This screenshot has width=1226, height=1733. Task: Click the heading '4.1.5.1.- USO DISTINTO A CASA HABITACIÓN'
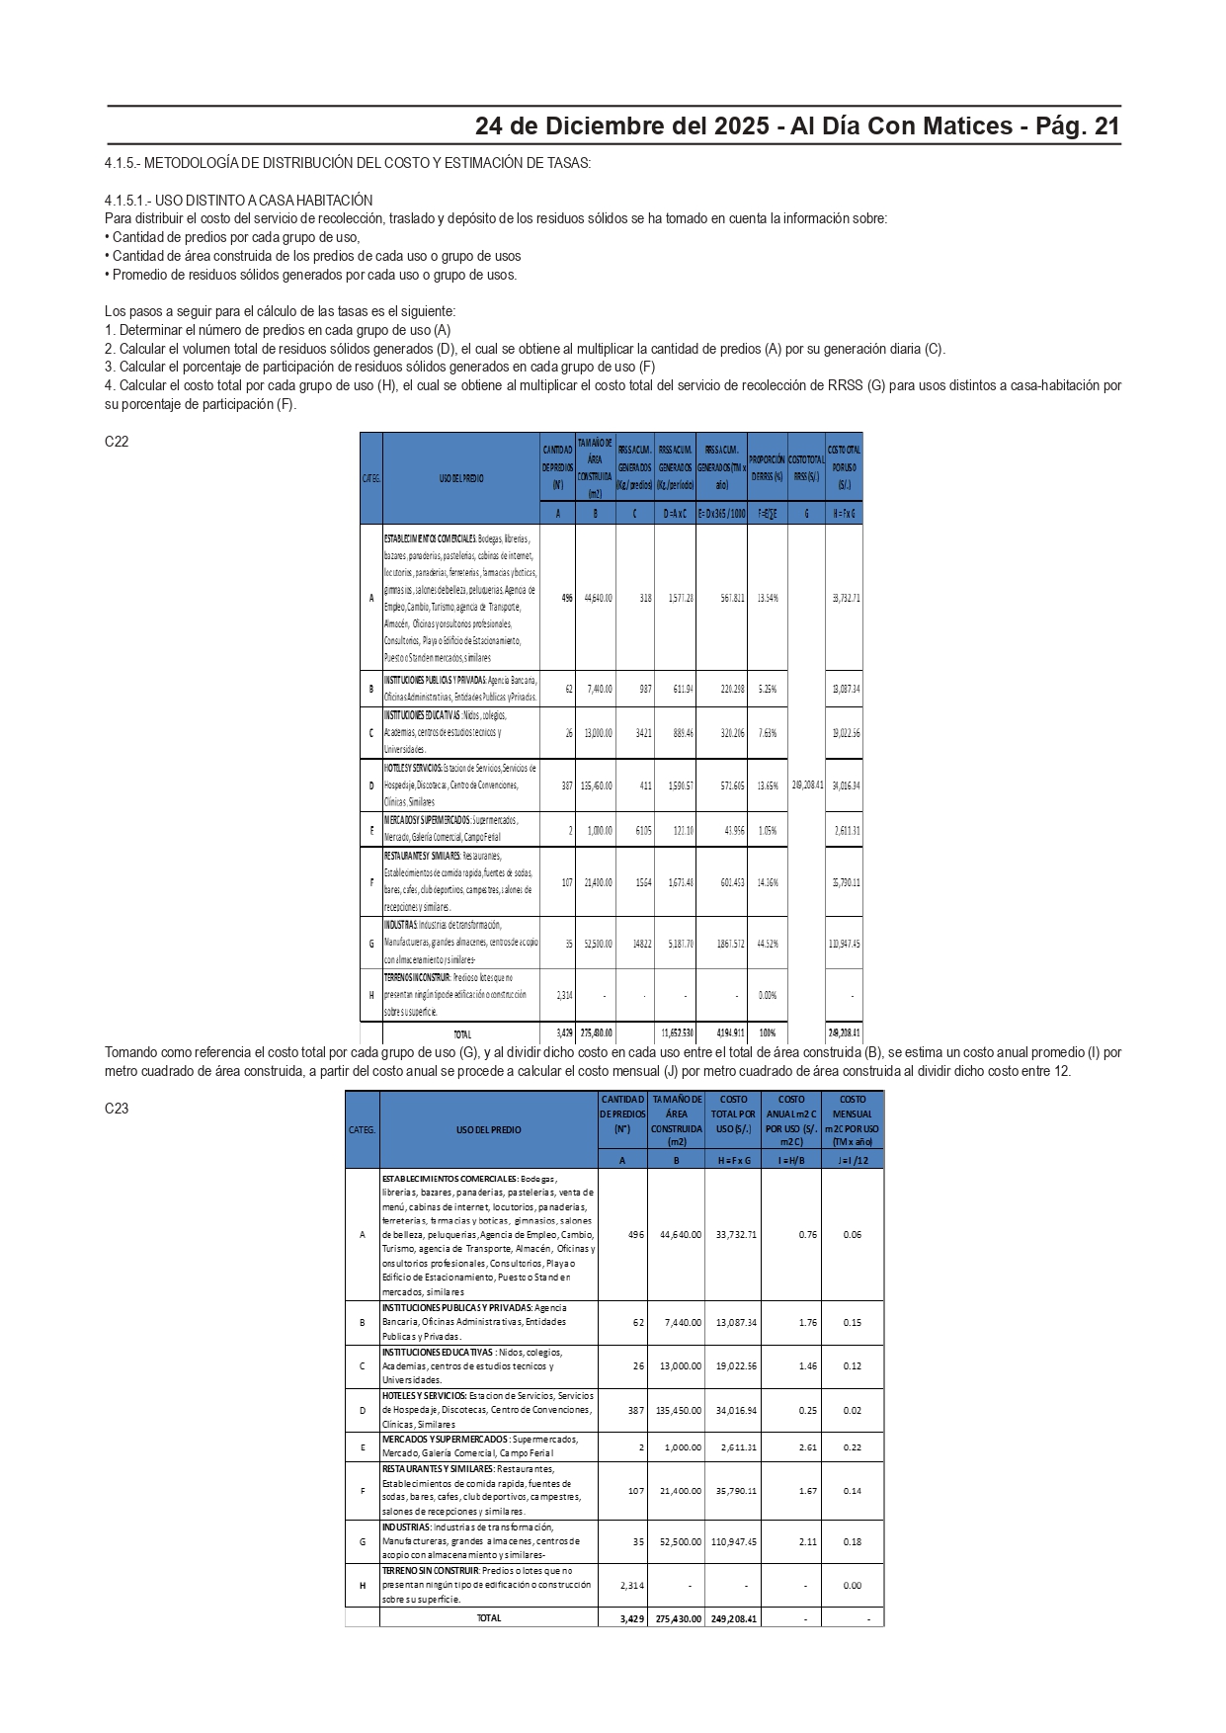238,200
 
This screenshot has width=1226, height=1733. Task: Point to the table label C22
117,442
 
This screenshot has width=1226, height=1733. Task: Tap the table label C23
117,1108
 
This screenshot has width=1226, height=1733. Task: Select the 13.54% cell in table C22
767,598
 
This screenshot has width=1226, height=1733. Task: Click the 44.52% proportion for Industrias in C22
767,944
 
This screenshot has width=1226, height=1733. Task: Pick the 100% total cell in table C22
767,1033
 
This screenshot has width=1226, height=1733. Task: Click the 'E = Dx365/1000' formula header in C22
721,514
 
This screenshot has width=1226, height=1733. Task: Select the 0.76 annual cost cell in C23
807,1234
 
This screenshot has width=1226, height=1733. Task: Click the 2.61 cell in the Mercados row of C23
807,1447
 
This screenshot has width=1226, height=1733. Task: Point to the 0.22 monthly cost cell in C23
852,1447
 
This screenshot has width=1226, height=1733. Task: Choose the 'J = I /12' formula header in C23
852,1160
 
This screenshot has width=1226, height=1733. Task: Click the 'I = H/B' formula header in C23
791,1160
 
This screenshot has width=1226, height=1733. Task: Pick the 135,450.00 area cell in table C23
678,1411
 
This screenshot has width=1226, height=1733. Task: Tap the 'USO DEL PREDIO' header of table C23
488,1129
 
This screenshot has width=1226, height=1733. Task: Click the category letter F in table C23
363,1491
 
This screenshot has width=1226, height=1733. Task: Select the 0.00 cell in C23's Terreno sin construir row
852,1585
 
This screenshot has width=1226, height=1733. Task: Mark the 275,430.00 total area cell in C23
678,1618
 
